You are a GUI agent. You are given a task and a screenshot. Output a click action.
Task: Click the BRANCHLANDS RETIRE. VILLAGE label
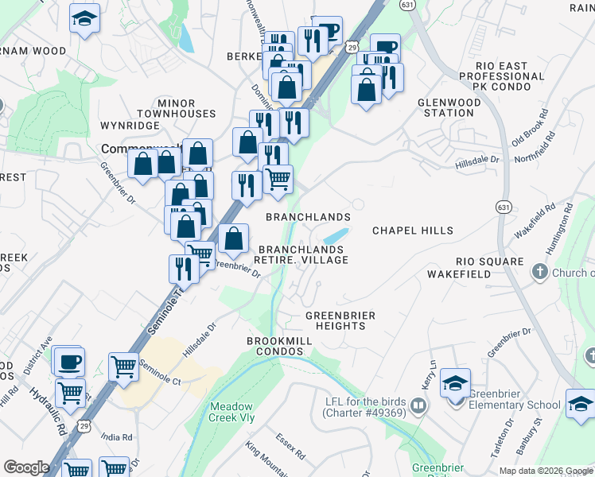(301, 254)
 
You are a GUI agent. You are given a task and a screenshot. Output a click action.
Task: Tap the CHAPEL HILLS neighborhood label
(413, 231)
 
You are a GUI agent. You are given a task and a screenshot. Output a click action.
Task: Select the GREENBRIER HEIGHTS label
(340, 320)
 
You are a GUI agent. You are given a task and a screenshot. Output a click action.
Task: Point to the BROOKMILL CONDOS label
(279, 346)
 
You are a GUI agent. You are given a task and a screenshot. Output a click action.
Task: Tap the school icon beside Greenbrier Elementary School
(455, 385)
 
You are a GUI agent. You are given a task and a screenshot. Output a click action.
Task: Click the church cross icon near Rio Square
(539, 273)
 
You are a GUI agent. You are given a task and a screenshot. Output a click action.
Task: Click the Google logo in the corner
(26, 467)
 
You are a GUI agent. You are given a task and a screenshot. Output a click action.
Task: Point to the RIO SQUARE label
(486, 262)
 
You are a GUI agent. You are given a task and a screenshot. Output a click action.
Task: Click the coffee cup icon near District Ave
(68, 362)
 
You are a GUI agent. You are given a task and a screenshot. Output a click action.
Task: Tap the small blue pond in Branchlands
(336, 236)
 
